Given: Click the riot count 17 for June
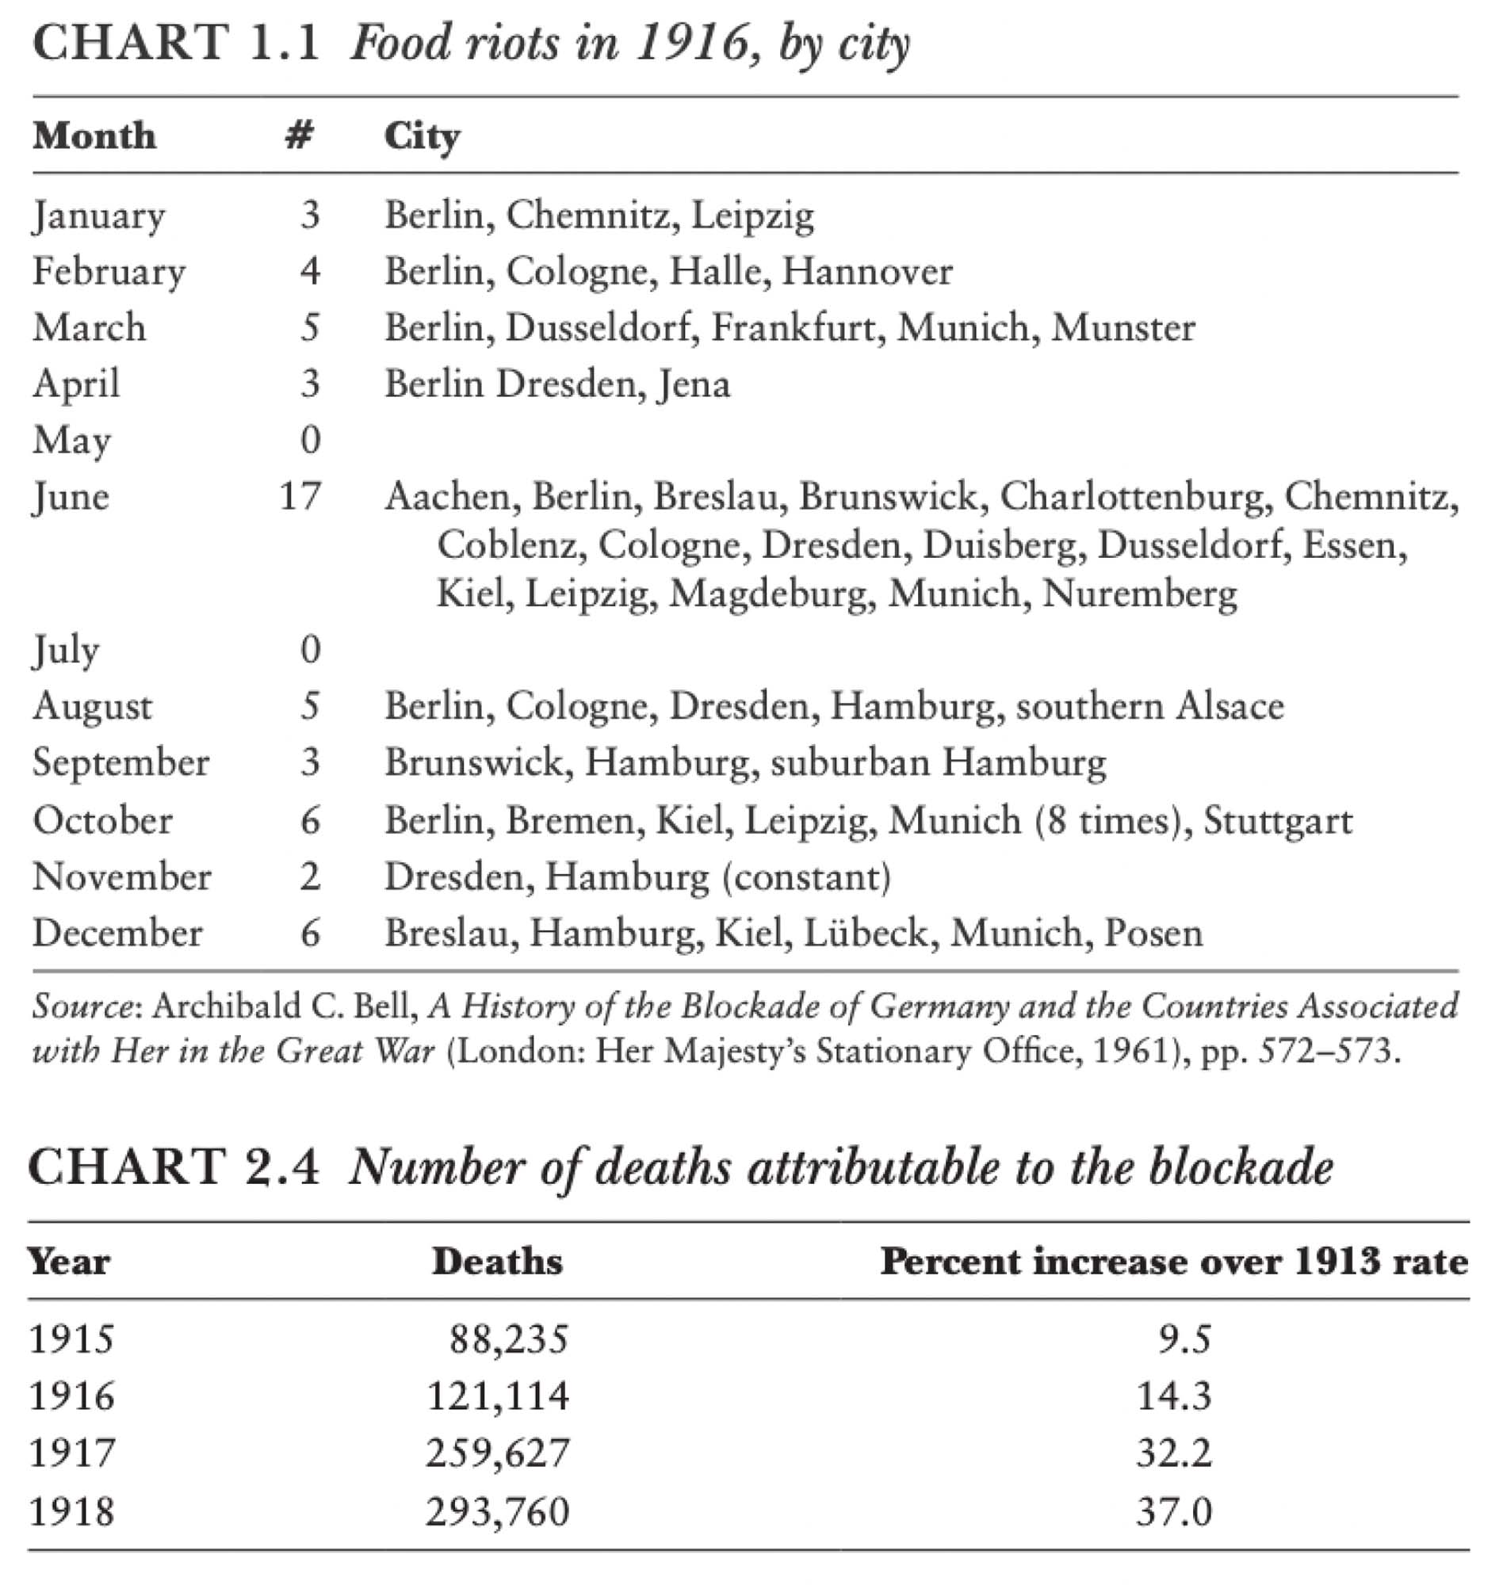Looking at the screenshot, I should tap(300, 496).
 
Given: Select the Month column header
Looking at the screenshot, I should tap(94, 136).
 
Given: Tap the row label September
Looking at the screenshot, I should tap(120, 762).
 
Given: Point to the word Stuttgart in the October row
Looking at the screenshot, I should tap(1277, 820).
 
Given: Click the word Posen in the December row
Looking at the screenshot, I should tap(1153, 933).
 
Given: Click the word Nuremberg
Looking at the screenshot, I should tap(1139, 594).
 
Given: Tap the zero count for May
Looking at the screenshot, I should tap(310, 440).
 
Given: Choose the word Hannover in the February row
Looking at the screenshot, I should tap(867, 272).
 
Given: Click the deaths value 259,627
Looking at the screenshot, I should tap(497, 1452).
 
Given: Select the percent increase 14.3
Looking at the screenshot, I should tap(1174, 1395).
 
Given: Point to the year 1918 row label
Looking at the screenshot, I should tap(71, 1511).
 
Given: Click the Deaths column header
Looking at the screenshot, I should tap(497, 1262).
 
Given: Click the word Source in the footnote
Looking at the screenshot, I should tap(81, 1006).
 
